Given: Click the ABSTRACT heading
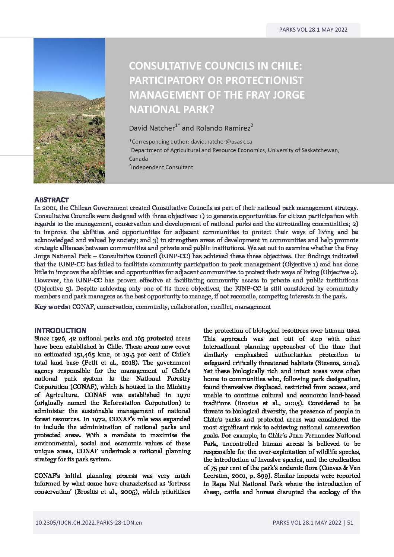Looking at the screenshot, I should [51, 200].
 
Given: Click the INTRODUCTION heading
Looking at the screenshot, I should [60, 330].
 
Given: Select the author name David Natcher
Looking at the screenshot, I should [152, 128].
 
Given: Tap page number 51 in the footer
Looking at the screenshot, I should [350, 522].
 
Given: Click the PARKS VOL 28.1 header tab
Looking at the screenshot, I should [313, 30].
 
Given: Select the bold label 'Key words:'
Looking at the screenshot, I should [53, 307].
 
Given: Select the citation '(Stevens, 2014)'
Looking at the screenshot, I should [338, 362].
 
